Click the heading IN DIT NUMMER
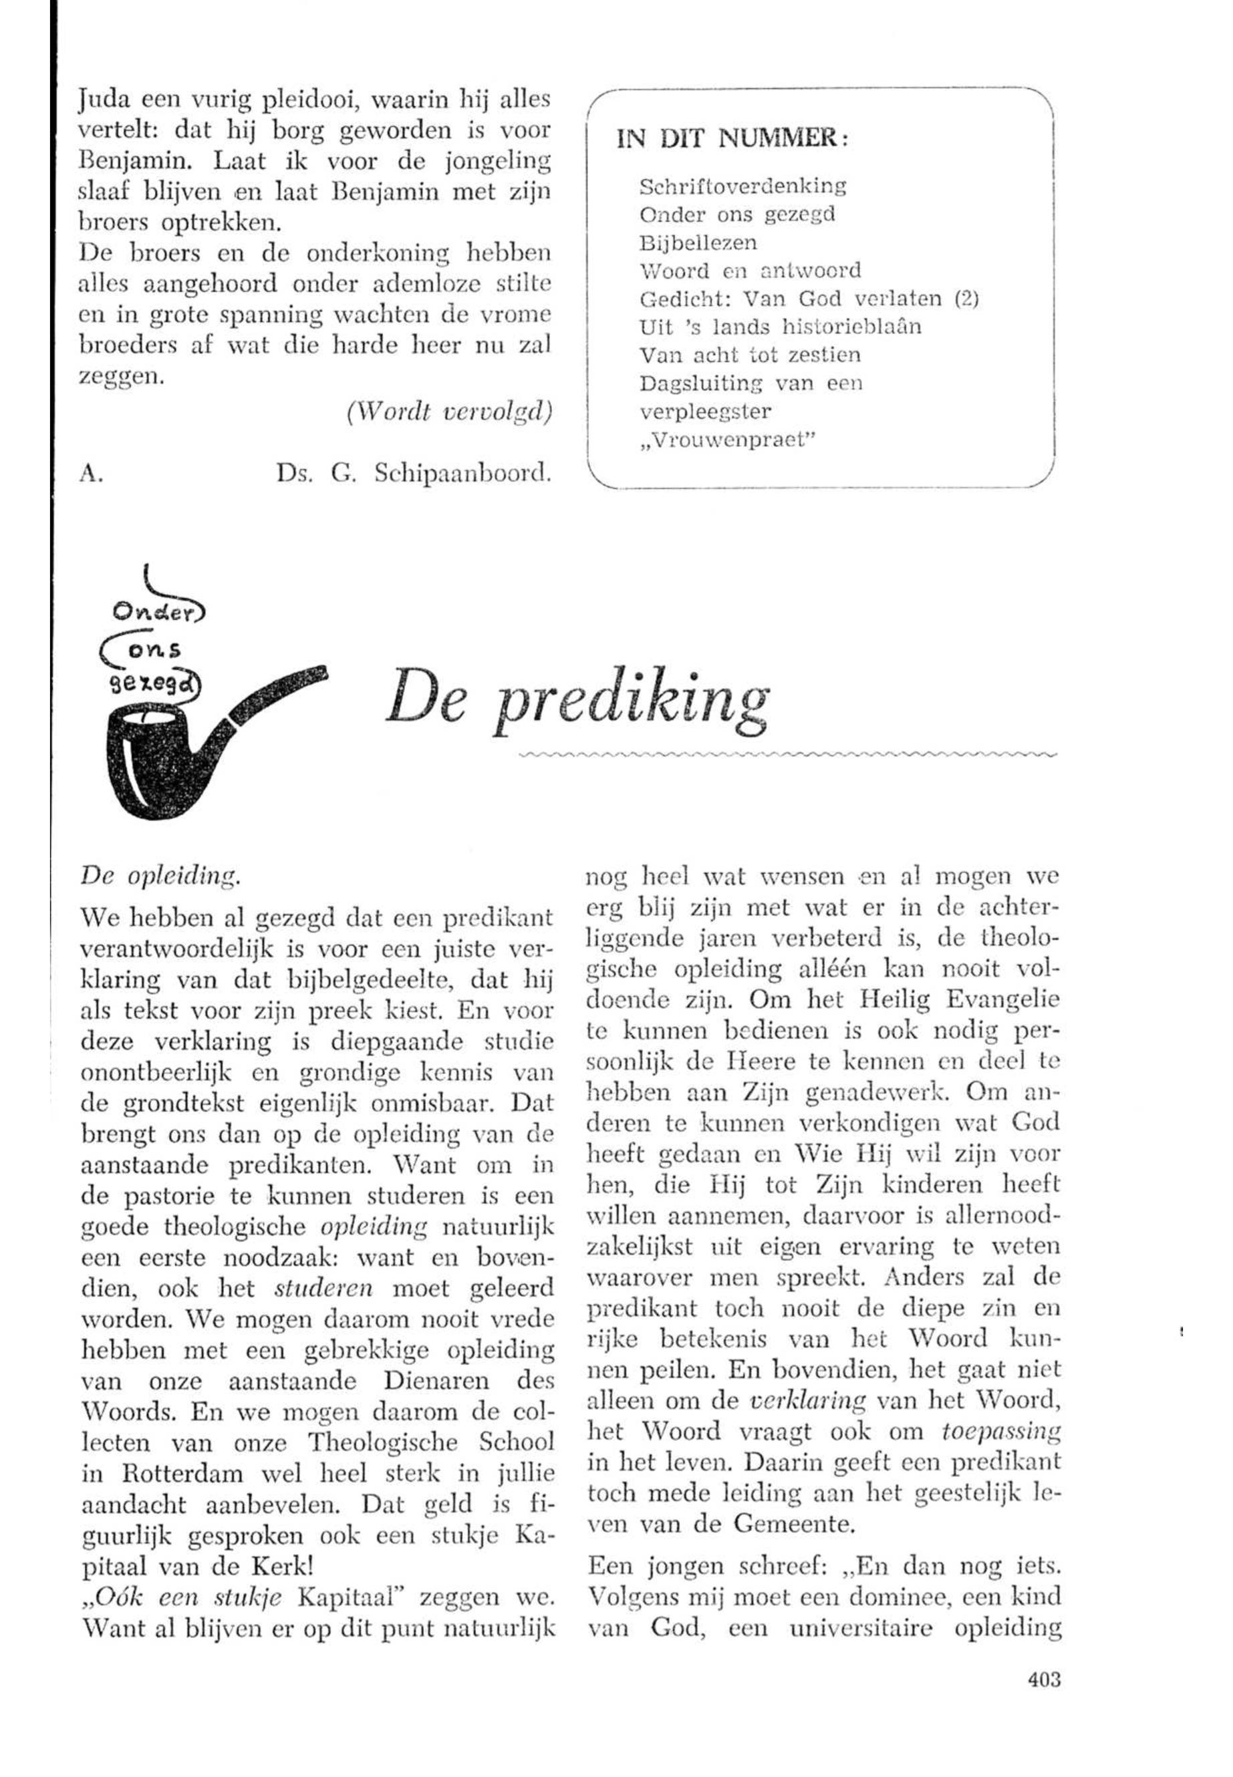(732, 139)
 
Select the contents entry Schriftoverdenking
(743, 186)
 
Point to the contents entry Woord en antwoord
(750, 271)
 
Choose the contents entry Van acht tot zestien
(750, 355)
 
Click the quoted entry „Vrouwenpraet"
(728, 440)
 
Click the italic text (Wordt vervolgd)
(450, 413)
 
